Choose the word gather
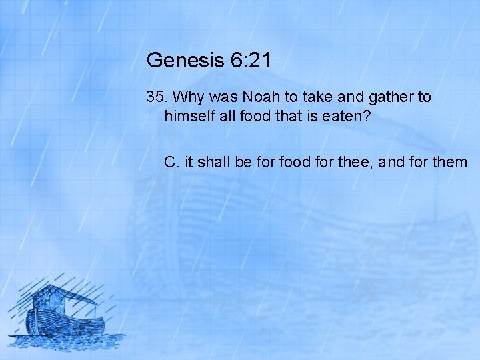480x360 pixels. tap(387, 98)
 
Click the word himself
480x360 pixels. tap(191, 115)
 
